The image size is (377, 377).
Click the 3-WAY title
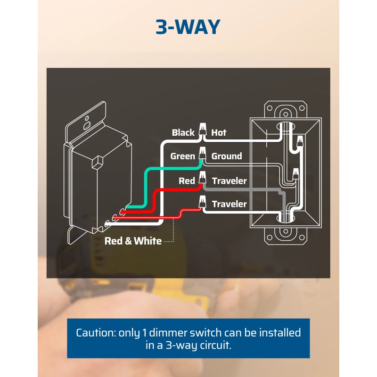coord(188,27)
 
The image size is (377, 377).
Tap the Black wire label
coord(183,133)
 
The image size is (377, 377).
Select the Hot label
coord(219,133)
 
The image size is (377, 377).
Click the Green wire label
coord(182,156)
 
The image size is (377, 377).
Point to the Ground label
coord(226,156)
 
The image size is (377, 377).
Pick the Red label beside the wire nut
coord(187,181)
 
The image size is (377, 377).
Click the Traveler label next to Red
coord(229,181)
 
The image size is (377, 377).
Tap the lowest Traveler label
coord(229,204)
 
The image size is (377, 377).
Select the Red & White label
coord(133,241)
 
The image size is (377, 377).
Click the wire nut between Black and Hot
coord(203,129)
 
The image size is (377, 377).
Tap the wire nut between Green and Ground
coord(203,153)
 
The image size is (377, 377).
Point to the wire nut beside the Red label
coord(203,178)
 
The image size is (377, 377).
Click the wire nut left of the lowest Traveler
coord(203,201)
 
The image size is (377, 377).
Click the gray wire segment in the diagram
coord(245,189)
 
